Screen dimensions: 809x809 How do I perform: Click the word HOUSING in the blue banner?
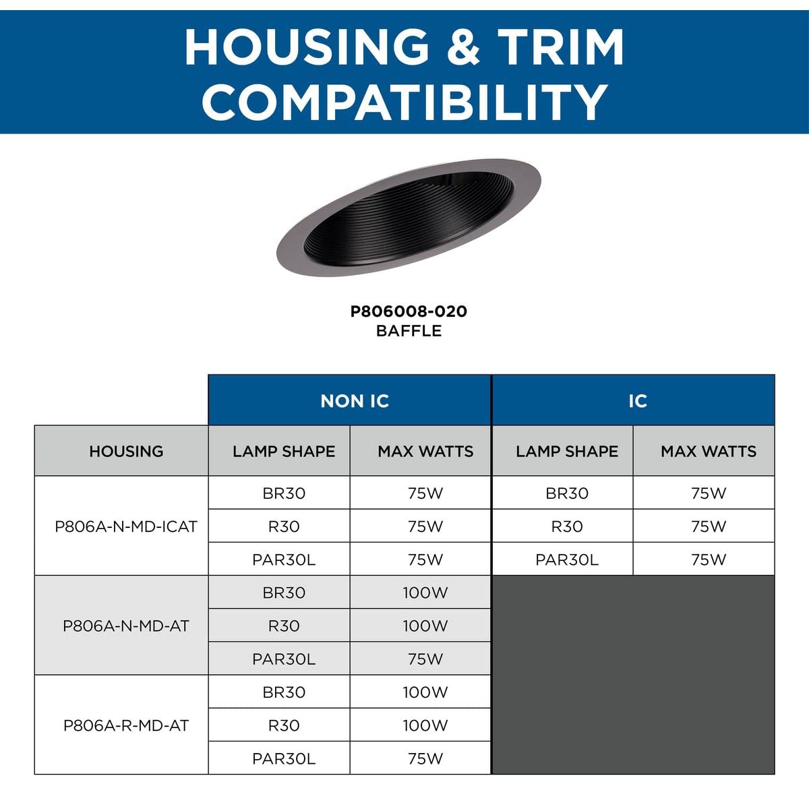[x=307, y=47]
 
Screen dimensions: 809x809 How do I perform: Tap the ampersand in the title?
[x=463, y=47]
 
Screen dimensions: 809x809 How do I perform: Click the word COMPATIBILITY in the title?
[x=404, y=101]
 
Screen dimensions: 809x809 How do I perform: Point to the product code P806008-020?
[x=409, y=311]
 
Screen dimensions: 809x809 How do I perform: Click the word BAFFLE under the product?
[x=409, y=331]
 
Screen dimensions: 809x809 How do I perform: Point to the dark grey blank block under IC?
[x=633, y=675]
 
